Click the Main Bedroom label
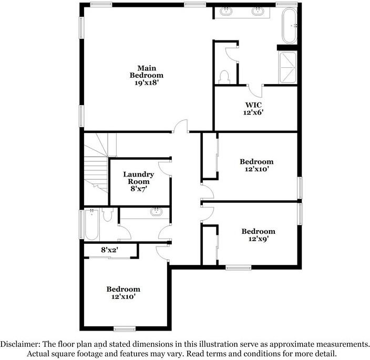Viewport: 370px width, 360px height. click(x=147, y=71)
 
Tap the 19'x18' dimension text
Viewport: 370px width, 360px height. click(x=147, y=83)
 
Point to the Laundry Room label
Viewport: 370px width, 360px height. click(x=138, y=178)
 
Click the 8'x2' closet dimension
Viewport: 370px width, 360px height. click(x=109, y=250)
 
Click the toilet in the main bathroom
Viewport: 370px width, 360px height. click(x=224, y=76)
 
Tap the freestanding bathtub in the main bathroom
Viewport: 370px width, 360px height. click(x=289, y=26)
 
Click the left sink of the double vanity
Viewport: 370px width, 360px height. click(x=228, y=12)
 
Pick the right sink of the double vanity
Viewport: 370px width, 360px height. click(x=259, y=12)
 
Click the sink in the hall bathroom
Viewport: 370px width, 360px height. click(x=156, y=212)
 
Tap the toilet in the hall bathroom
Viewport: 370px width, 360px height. click(x=108, y=214)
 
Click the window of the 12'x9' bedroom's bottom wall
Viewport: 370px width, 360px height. click(x=238, y=268)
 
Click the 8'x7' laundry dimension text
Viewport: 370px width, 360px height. click(x=138, y=189)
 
